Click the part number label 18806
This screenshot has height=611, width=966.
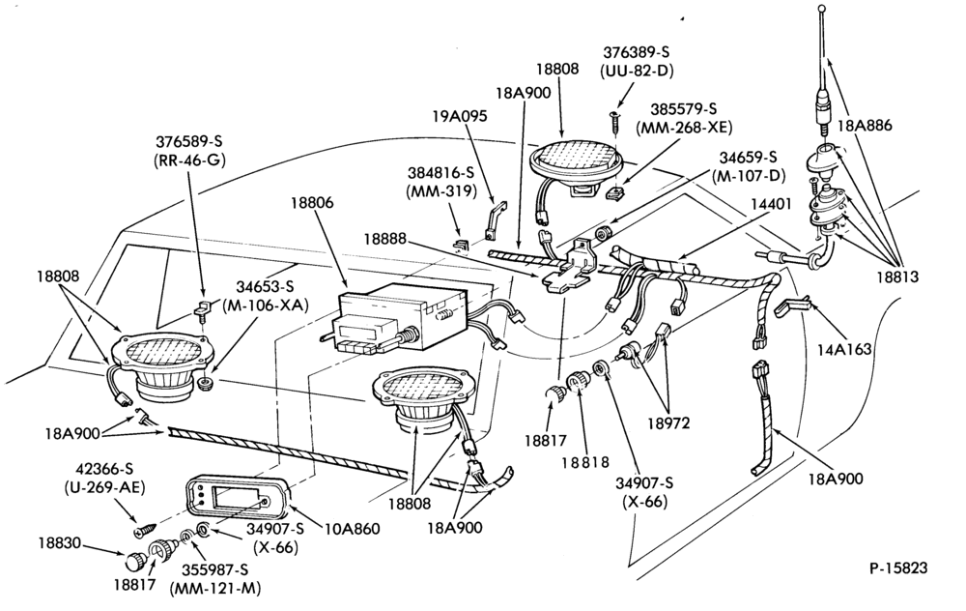coord(312,203)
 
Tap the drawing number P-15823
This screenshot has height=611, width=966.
coord(898,567)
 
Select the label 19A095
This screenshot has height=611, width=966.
coord(460,115)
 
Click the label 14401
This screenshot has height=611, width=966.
coord(770,204)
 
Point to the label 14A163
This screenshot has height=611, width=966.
coord(844,350)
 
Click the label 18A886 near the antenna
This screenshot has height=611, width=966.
coord(865,126)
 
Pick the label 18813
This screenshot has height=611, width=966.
coord(897,277)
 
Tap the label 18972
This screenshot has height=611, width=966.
coord(668,423)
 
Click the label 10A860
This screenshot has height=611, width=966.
coord(353,529)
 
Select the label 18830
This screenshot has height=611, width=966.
coord(59,543)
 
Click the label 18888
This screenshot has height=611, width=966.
coord(385,238)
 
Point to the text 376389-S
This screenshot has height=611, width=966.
coord(637,52)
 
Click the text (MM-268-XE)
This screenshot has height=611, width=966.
coord(685,128)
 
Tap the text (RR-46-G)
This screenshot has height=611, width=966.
coord(189,160)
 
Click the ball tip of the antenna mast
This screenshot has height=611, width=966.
coord(821,9)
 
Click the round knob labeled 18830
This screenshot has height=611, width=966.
coord(133,563)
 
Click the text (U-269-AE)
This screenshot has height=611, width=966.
coord(104,487)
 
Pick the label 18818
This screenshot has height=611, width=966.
coord(585,462)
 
